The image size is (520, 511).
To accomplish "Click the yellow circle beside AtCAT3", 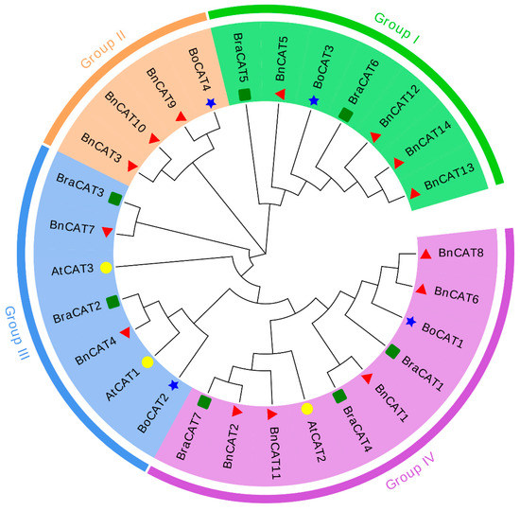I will point(107,268).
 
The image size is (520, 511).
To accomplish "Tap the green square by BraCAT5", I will point(245,95).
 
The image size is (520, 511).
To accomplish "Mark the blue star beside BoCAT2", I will point(174,384).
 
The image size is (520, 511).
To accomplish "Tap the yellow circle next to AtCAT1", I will point(147,362).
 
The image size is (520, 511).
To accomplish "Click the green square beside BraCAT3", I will point(114,198).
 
